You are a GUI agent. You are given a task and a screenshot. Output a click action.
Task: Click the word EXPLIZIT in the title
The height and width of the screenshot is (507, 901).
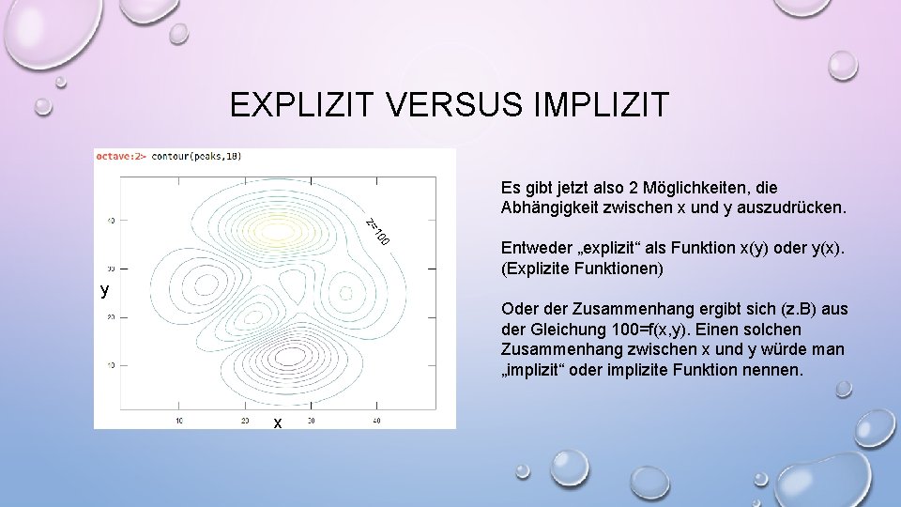(x=304, y=104)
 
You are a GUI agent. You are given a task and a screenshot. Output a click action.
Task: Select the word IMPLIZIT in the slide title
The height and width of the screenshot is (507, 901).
(x=601, y=104)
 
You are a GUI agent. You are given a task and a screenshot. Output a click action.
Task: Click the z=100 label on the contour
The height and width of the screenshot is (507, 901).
(x=377, y=231)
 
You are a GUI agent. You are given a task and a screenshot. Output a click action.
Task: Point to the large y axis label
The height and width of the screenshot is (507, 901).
(x=105, y=290)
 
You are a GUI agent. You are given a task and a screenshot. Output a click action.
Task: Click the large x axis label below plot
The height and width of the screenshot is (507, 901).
(x=278, y=423)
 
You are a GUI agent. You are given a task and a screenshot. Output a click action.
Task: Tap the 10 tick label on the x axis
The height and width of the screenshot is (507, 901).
(x=178, y=420)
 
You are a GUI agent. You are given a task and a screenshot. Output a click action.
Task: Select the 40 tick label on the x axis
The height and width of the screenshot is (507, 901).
(x=376, y=420)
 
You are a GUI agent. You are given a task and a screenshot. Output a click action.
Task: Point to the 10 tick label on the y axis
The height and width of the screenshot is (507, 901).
(x=110, y=364)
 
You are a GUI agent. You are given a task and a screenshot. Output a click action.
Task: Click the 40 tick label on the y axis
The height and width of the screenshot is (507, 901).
(x=110, y=222)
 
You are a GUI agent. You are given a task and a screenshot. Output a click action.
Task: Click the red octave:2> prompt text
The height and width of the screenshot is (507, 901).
(x=120, y=156)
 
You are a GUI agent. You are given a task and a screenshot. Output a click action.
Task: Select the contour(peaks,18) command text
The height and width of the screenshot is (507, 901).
(x=196, y=156)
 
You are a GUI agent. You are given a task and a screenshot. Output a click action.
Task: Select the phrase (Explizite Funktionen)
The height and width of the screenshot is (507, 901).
(x=583, y=269)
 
